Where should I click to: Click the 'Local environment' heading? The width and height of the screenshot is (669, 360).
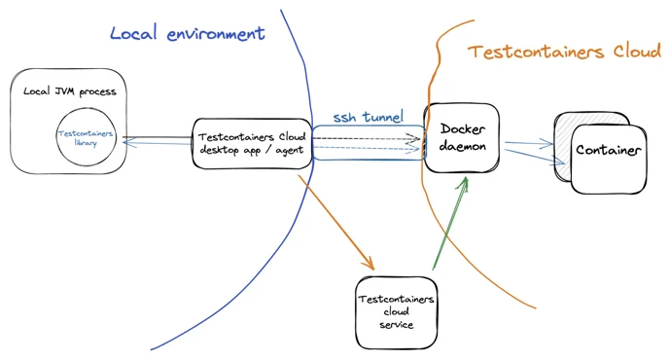pyautogui.click(x=187, y=33)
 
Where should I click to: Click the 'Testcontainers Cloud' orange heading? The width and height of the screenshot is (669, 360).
pyautogui.click(x=564, y=52)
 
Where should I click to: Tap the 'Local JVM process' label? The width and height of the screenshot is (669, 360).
pyautogui.click(x=69, y=91)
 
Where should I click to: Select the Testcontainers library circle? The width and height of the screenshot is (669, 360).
pyautogui.click(x=86, y=137)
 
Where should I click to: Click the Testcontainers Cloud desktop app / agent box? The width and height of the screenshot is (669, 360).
pyautogui.click(x=251, y=142)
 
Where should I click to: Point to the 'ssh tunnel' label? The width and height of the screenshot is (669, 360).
pyautogui.click(x=368, y=117)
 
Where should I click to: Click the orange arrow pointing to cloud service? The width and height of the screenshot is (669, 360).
pyautogui.click(x=336, y=223)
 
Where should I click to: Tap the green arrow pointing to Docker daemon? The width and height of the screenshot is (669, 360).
pyautogui.click(x=450, y=223)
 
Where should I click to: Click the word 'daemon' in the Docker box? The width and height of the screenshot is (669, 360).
pyautogui.click(x=463, y=146)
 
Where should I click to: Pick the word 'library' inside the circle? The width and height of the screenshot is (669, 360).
pyautogui.click(x=86, y=143)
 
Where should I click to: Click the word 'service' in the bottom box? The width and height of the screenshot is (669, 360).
pyautogui.click(x=396, y=324)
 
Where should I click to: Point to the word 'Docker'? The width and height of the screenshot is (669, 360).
pyautogui.click(x=463, y=128)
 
